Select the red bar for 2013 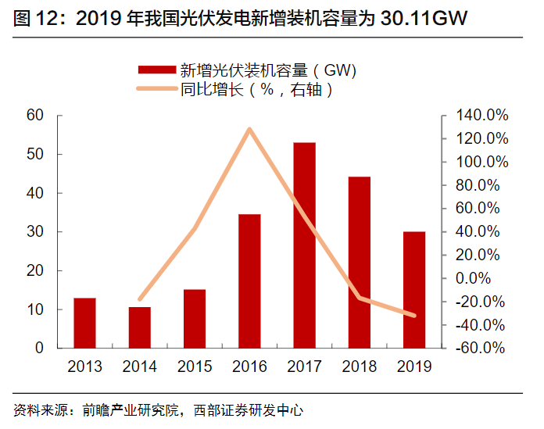click(85, 323)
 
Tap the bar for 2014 click(140, 327)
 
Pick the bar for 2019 click(414, 289)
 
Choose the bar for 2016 click(249, 281)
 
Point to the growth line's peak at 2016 click(249, 129)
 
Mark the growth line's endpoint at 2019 click(414, 316)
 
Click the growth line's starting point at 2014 click(140, 299)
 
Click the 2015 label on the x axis click(195, 366)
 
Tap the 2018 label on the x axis click(360, 366)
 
